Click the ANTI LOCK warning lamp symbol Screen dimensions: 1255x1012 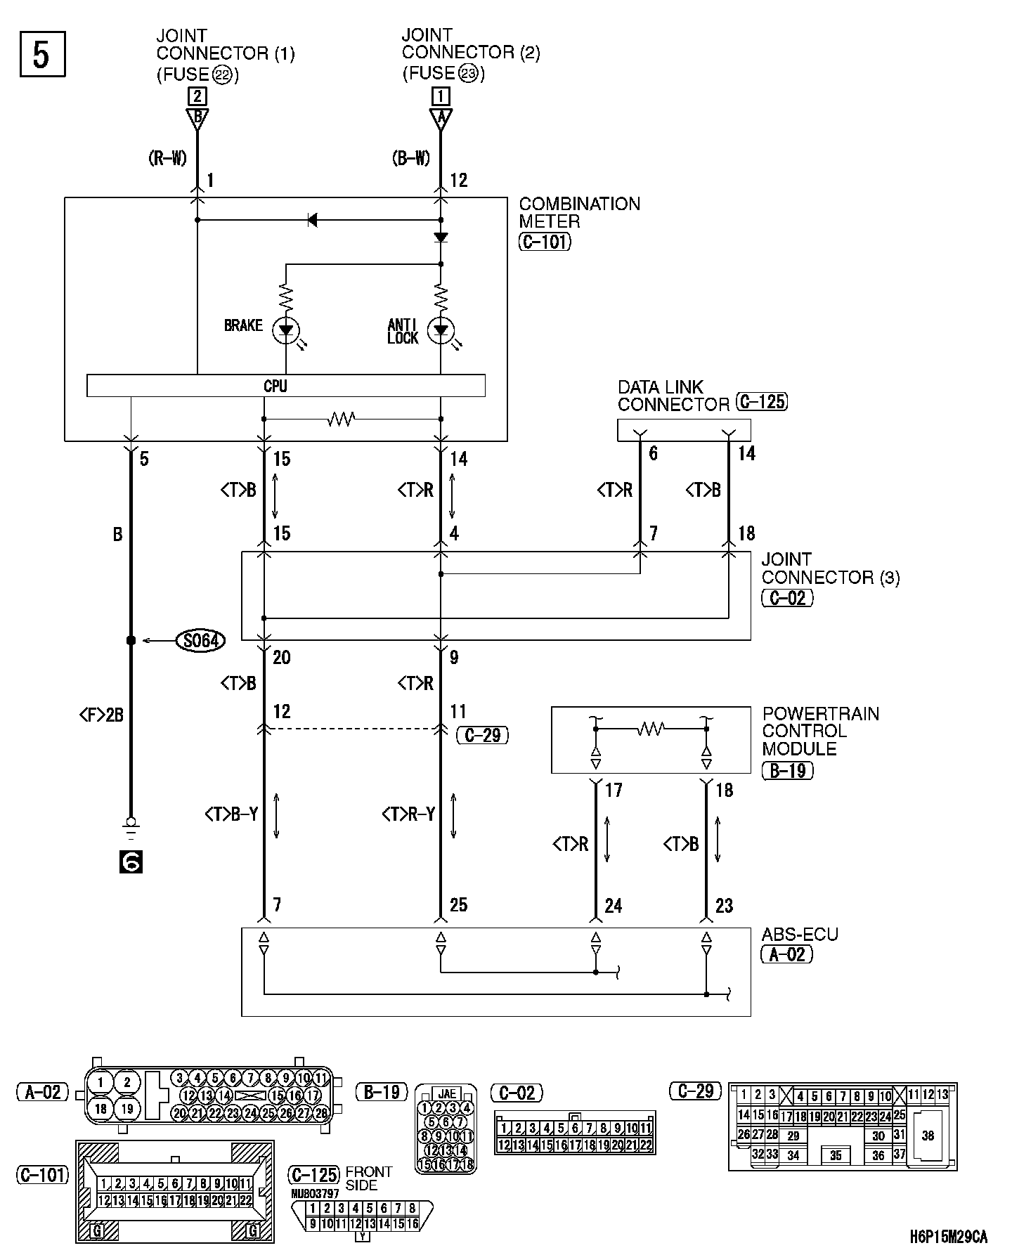[441, 330]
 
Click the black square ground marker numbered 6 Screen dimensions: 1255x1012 [131, 861]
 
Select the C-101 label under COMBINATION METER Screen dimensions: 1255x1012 [545, 242]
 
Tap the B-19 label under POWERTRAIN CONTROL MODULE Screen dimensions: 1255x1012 [787, 770]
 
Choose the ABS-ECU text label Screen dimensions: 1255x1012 [800, 935]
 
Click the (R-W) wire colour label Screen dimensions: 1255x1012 [167, 159]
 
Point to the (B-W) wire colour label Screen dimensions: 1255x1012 [411, 159]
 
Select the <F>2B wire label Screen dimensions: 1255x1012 [101, 715]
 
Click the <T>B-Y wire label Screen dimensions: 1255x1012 [231, 814]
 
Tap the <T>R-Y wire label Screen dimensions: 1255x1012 [408, 814]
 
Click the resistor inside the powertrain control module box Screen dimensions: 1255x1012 [651, 729]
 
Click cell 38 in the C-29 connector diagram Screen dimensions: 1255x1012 [928, 1135]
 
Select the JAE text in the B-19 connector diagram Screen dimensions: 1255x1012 [446, 1093]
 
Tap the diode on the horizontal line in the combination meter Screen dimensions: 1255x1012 [313, 221]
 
